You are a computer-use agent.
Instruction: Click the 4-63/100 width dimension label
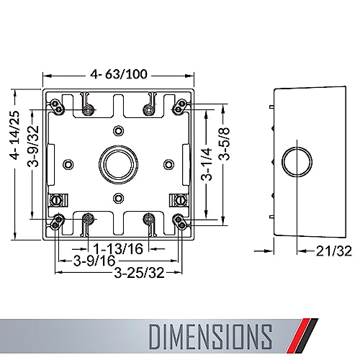point(120,72)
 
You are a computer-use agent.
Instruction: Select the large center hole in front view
point(117,164)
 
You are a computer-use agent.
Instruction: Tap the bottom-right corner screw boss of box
point(178,220)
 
